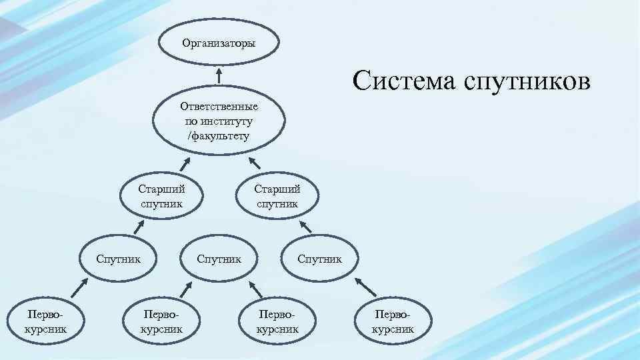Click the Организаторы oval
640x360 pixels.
219,44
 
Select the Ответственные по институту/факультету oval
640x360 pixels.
219,121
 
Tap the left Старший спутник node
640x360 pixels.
161,197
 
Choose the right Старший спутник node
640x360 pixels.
277,197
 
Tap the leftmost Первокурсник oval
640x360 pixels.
44,321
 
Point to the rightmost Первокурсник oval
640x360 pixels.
393,321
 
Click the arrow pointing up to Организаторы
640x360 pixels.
219,75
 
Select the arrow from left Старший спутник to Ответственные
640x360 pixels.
184,165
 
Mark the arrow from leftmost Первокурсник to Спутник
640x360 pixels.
79,288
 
